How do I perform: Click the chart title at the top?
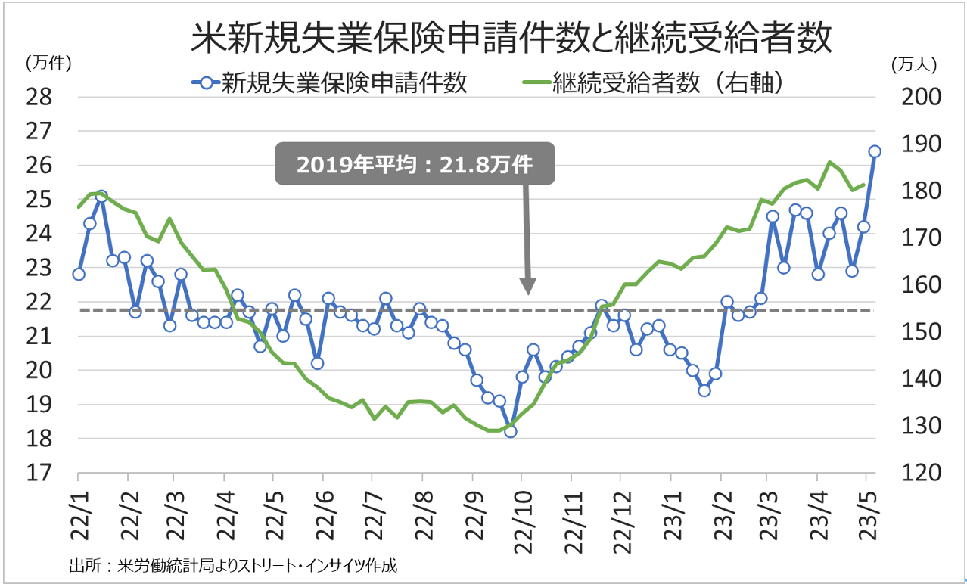511,38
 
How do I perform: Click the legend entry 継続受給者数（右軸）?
651,82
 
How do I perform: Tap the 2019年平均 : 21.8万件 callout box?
415,164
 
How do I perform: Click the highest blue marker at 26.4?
875,151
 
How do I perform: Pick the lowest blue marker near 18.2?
510,431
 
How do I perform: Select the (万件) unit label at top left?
48,64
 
